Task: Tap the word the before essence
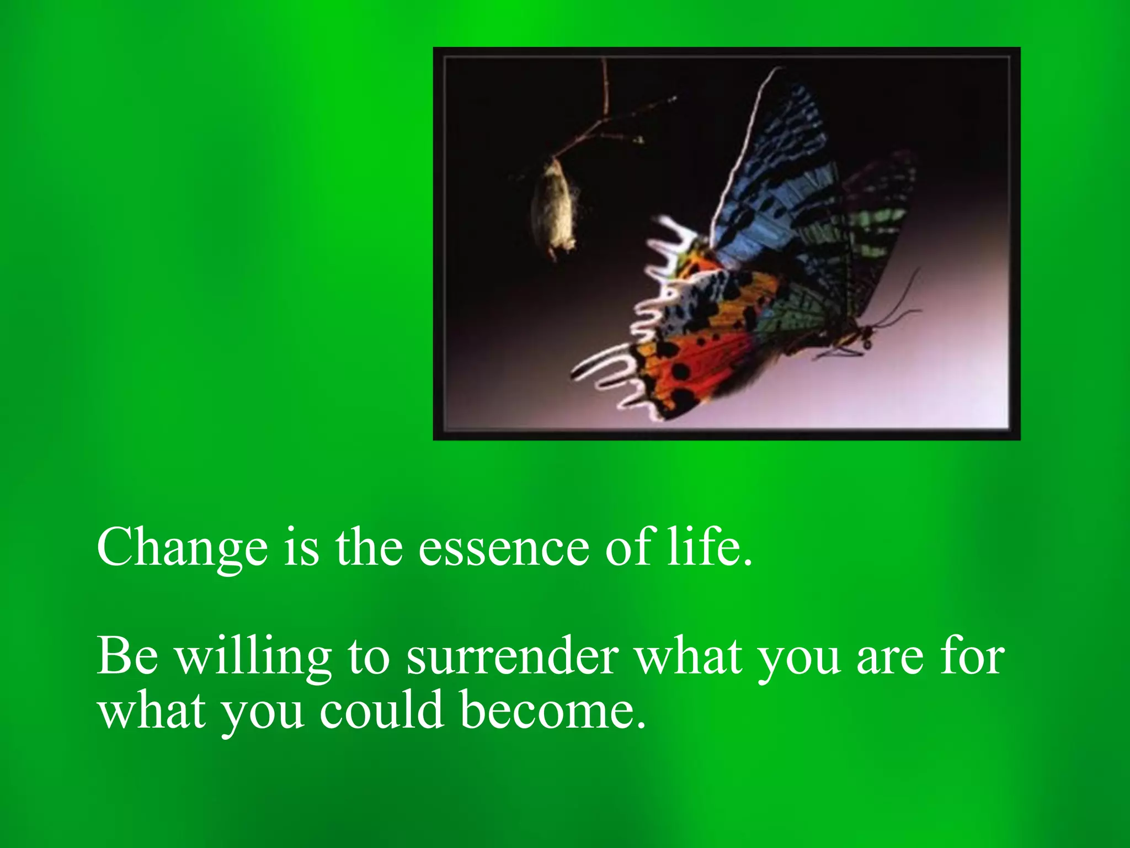(x=369, y=547)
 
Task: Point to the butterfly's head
(x=866, y=334)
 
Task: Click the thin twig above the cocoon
(x=607, y=110)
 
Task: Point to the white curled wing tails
(x=601, y=364)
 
